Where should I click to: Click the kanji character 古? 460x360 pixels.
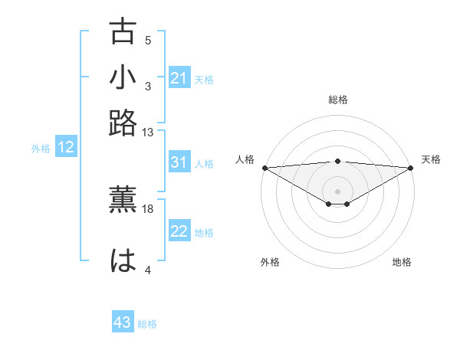coord(123,32)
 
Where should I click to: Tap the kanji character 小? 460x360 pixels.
coord(123,77)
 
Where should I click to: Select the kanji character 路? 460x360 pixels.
coord(123,123)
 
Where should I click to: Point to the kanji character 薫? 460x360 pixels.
coord(123,199)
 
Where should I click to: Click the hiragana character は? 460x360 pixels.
coord(123,260)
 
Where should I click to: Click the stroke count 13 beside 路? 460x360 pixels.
coord(148,133)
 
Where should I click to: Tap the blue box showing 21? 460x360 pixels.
coord(179,78)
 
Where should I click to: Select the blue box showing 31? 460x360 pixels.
coord(179,162)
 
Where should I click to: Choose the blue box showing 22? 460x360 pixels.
coord(179,232)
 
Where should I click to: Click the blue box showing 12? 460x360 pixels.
coord(66,148)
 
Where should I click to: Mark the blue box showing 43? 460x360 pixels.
coord(123,323)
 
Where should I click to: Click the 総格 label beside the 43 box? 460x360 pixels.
coord(147,324)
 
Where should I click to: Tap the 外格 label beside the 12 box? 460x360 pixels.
coord(41,149)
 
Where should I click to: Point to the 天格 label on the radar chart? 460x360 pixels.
coord(432,159)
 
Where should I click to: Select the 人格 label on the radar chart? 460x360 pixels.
coord(245,159)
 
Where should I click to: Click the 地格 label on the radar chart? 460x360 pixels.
coord(402,262)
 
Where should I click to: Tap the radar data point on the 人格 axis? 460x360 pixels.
coord(264,168)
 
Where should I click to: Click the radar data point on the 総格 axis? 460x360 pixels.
coord(338,161)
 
